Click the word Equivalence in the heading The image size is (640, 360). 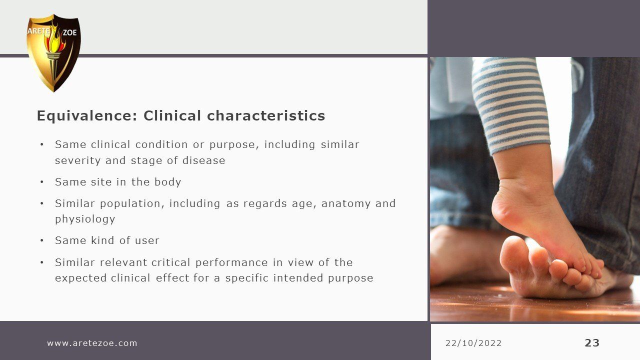[87, 116]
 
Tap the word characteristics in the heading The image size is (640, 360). [265, 115]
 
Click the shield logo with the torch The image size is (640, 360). [53, 53]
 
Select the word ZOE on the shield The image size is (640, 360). [69, 32]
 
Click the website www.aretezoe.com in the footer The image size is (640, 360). [92, 343]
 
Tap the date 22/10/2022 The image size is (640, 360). [473, 343]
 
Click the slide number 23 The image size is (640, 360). [592, 343]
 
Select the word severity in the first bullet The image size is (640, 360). [77, 160]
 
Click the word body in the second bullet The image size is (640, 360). [167, 182]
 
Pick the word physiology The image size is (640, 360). [85, 219]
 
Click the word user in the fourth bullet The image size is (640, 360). [147, 240]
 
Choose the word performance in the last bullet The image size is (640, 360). [231, 262]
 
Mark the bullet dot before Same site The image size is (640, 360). [42, 182]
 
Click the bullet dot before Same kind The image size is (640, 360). [42, 240]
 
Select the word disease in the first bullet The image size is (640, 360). [203, 160]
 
